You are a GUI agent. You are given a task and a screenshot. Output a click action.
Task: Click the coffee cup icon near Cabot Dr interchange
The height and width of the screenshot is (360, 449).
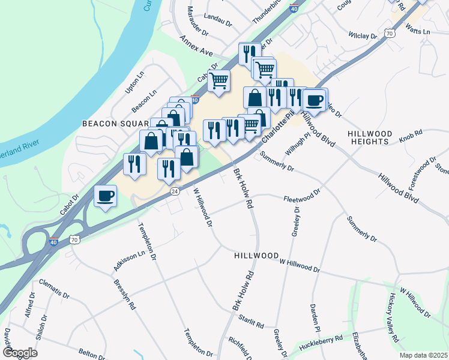tap(106, 196)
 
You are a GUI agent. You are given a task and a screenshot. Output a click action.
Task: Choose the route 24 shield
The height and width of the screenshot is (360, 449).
tap(175, 191)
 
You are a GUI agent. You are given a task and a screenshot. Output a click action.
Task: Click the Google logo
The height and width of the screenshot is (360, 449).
tap(20, 352)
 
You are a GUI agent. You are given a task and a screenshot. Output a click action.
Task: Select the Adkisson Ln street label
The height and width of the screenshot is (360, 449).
tap(130, 262)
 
